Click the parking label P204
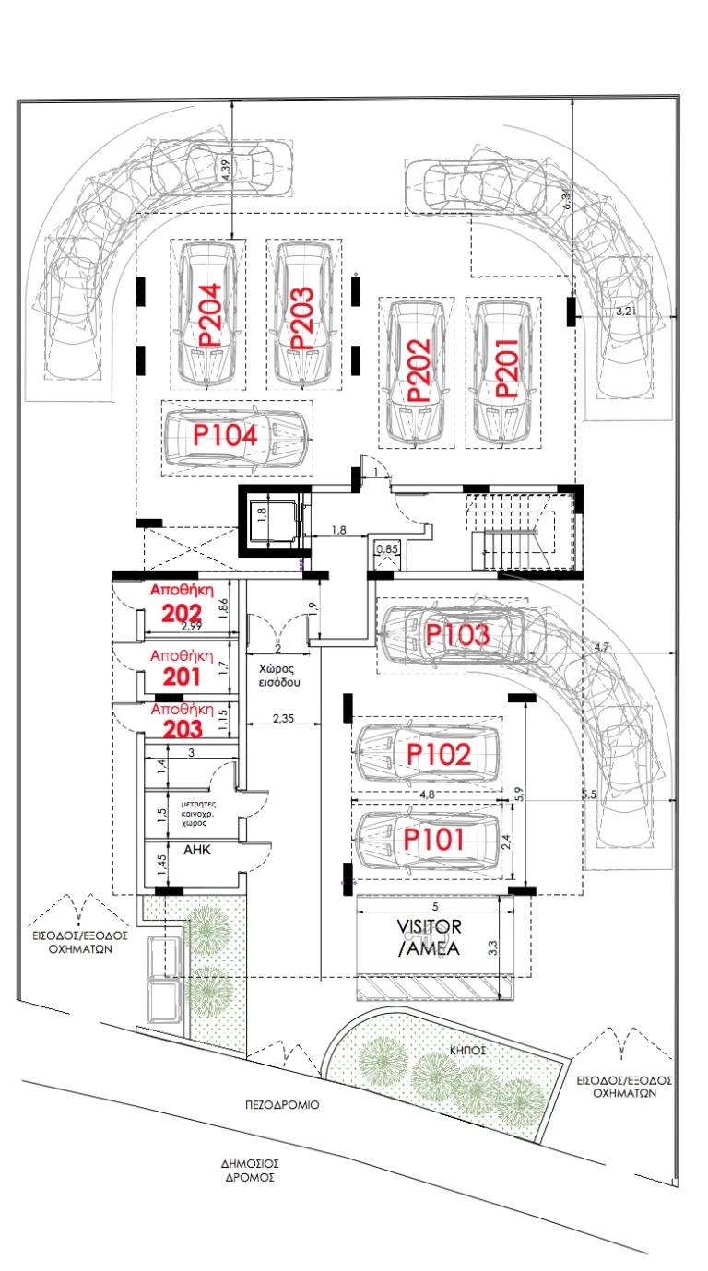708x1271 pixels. coord(210,315)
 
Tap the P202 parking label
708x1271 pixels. coord(419,370)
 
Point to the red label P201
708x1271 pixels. coord(507,368)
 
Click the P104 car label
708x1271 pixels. coord(225,435)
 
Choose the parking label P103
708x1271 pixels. coord(457,634)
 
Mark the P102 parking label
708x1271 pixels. coord(439,754)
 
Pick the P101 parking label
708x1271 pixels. coord(433,839)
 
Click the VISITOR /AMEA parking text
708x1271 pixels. coord(429,937)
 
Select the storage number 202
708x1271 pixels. coord(182,613)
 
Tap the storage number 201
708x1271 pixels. coord(182,677)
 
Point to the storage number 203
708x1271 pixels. coord(183,729)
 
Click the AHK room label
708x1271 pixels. coord(197,850)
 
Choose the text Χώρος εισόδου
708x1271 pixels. coord(279,676)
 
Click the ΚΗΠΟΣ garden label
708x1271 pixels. coord(468,1051)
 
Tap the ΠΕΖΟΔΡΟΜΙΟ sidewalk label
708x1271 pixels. coord(282,1105)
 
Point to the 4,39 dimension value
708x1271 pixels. coord(228,170)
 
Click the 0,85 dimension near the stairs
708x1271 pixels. coord(387,548)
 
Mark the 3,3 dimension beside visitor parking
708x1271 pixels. coord(492,947)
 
